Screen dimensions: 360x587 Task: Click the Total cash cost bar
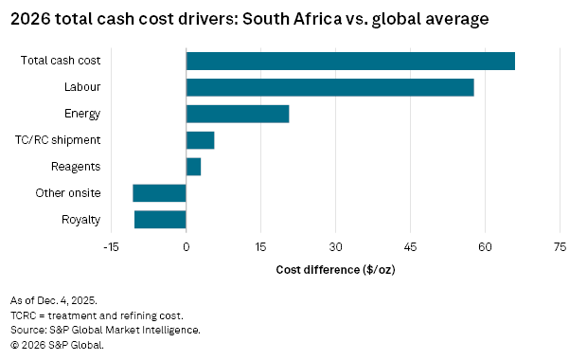click(x=350, y=61)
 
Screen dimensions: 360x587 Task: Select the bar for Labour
click(x=329, y=87)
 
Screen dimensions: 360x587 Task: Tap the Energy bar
click(x=238, y=114)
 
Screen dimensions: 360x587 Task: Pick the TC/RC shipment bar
click(x=200, y=140)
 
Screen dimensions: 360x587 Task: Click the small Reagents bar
click(x=193, y=167)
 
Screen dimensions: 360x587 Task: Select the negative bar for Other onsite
click(x=159, y=193)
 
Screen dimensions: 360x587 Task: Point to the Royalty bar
click(x=160, y=220)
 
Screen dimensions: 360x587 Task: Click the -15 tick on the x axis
click(x=111, y=247)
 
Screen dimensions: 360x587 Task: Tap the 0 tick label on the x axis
click(x=187, y=247)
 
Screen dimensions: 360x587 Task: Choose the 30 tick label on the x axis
click(x=335, y=247)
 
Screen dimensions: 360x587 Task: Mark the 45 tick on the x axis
click(x=410, y=247)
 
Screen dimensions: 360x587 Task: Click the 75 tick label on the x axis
click(x=560, y=247)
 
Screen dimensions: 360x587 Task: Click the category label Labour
click(x=82, y=87)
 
